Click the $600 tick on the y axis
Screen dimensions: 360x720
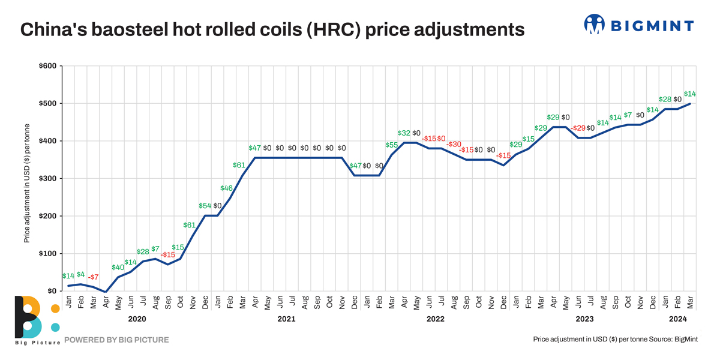pyautogui.click(x=47, y=66)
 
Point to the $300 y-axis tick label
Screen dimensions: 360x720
pyautogui.click(x=47, y=179)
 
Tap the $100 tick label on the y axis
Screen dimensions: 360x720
pyautogui.click(x=47, y=254)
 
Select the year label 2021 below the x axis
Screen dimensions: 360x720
pyautogui.click(x=286, y=319)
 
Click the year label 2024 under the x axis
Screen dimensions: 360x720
pyautogui.click(x=677, y=319)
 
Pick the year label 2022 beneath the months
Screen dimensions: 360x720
pyautogui.click(x=436, y=319)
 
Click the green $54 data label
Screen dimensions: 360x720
pyautogui.click(x=205, y=206)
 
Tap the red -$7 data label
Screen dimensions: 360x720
pyautogui.click(x=93, y=277)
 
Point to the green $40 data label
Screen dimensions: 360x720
pyautogui.click(x=118, y=268)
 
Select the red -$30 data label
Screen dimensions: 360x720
pyautogui.click(x=454, y=145)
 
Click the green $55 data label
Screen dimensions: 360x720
pyautogui.click(x=392, y=145)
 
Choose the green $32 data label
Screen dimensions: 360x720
pyautogui.click(x=404, y=133)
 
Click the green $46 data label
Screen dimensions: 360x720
pyautogui.click(x=226, y=188)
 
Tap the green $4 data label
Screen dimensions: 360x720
pyautogui.click(x=81, y=274)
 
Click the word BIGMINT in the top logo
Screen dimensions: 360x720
pyautogui.click(x=652, y=26)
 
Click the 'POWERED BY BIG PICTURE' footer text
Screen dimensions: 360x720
pyautogui.click(x=116, y=340)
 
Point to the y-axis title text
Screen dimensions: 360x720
pyautogui.click(x=27, y=183)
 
